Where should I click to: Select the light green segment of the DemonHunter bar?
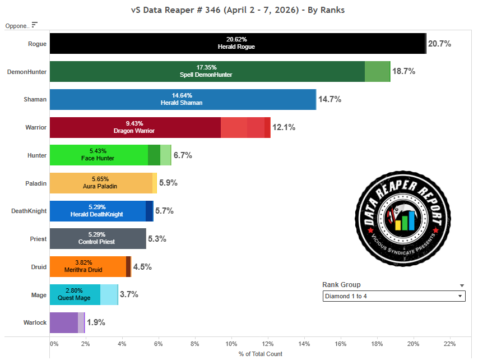tap(377, 72)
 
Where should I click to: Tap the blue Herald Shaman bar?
tap(183, 99)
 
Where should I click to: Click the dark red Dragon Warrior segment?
tap(135, 127)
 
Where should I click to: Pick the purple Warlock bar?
tap(64, 322)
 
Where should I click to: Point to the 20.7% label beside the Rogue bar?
tap(439, 44)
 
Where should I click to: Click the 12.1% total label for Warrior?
tap(284, 127)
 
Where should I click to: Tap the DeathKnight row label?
tap(29, 211)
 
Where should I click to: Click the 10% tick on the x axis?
tap(231, 343)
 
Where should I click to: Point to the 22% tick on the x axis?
tap(449, 343)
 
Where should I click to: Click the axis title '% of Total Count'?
tap(261, 354)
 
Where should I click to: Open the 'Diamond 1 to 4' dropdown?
tap(394, 296)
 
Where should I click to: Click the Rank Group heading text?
tap(342, 285)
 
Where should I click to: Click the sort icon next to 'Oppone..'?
tap(35, 25)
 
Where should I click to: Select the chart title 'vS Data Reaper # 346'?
tap(238, 10)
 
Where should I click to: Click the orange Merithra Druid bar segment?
tap(88, 266)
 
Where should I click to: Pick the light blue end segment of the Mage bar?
tap(109, 294)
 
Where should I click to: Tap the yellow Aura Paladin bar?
tap(101, 183)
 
